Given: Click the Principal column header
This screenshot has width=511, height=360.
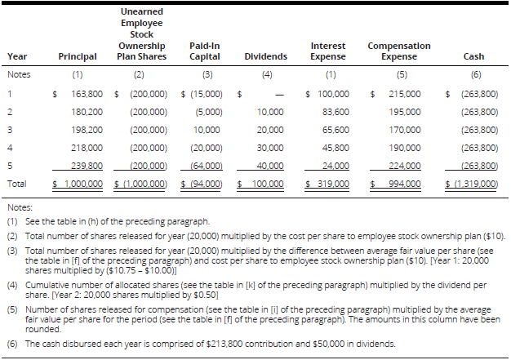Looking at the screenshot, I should (78, 56).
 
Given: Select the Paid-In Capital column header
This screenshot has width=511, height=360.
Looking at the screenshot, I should (204, 51).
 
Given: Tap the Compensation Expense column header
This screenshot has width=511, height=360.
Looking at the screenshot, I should (399, 51).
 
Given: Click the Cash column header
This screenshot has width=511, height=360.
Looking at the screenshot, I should (473, 56).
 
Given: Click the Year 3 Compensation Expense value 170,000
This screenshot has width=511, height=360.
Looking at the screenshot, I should (405, 130).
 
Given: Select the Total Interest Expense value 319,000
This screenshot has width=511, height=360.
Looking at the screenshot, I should (329, 184).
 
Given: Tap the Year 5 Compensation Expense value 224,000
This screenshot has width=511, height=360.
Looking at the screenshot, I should (405, 166).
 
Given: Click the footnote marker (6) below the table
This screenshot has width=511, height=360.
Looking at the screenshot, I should (12, 344).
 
